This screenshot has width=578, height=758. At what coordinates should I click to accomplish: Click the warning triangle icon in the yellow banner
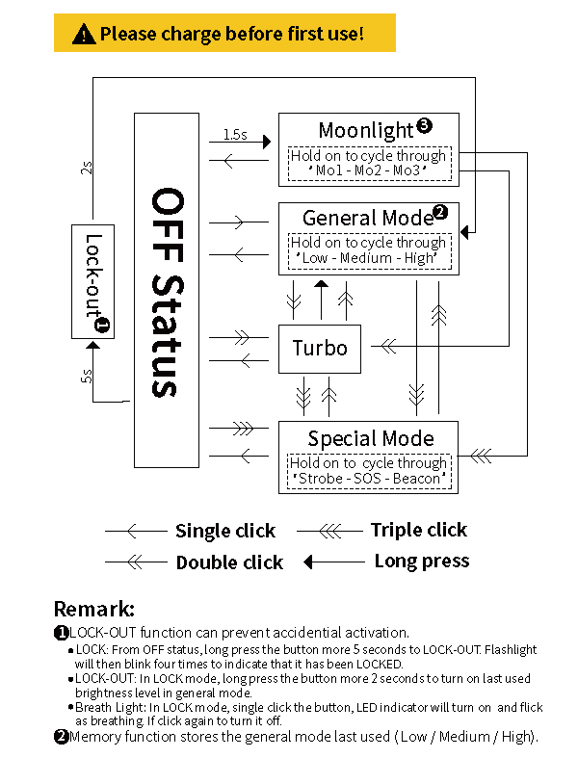pos(85,35)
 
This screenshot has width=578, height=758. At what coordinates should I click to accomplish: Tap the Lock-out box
pos(93,281)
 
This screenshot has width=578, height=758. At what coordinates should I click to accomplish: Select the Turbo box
pos(320,348)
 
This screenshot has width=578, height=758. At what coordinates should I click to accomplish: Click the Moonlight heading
pos(366,129)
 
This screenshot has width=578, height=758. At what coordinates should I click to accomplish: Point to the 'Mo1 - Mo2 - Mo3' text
pos(368,170)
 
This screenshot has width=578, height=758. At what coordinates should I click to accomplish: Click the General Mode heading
pos(366,218)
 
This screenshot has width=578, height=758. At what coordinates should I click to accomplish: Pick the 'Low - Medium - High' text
pos(370,258)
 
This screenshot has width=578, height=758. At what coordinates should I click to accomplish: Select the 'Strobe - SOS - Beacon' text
pos(370,479)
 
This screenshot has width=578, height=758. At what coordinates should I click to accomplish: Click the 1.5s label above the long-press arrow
pos(234,135)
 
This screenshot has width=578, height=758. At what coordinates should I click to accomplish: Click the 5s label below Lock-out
pos(87,376)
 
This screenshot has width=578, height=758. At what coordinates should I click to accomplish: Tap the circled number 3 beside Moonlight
pos(424,125)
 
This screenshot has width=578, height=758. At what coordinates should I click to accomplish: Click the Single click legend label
pos(224,531)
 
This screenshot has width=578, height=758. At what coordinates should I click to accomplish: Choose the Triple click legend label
pos(418,530)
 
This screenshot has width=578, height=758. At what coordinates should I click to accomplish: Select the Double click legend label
pos(229,562)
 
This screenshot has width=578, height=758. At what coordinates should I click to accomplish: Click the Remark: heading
pos(93,609)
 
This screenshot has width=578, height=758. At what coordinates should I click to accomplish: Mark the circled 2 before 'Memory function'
pos(61,737)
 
